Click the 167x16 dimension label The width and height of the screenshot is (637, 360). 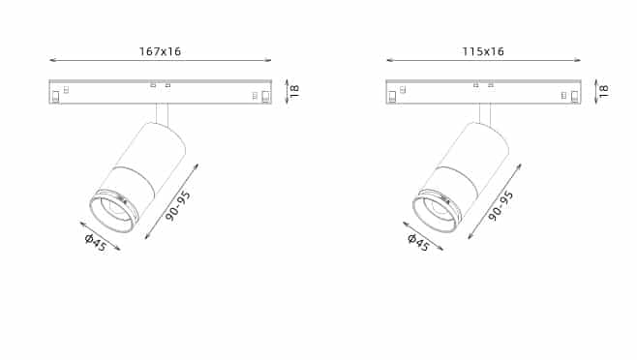click(160, 51)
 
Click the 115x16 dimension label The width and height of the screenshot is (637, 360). click(483, 51)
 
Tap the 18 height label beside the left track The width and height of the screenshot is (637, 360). click(295, 91)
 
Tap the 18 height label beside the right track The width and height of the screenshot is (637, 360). click(604, 91)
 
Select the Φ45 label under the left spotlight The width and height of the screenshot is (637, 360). click(96, 243)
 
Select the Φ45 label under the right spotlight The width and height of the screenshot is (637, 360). click(418, 243)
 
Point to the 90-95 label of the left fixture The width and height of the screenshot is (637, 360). click(178, 205)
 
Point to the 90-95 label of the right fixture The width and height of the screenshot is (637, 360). click(500, 205)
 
